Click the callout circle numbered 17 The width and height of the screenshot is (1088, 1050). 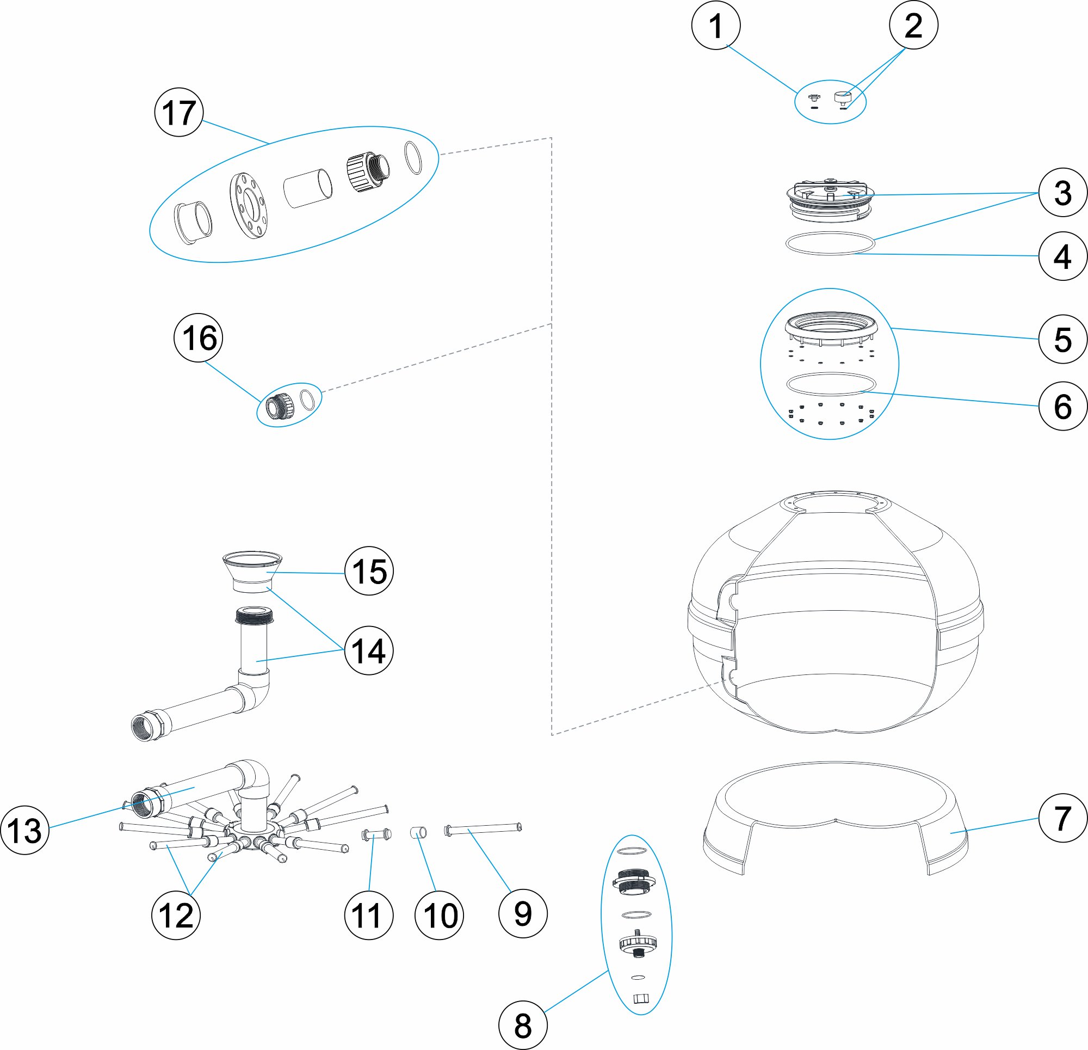pos(179,112)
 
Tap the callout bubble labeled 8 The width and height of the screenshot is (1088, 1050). pos(523,1025)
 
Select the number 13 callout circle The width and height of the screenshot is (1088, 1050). pos(25,830)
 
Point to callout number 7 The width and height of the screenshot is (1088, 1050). pos(1062,818)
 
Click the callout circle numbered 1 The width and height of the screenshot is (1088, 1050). pos(716,26)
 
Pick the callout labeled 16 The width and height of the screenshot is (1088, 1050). pos(198,338)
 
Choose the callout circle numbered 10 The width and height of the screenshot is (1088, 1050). pos(439,915)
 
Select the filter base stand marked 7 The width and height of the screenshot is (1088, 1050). pos(835,816)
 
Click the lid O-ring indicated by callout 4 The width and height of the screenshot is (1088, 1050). pos(831,243)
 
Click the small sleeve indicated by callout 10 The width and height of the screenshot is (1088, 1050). pos(418,832)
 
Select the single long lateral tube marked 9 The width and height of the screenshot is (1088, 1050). pos(483,828)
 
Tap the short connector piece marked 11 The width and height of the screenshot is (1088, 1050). pos(376,834)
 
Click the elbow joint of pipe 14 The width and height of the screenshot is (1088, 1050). pos(255,691)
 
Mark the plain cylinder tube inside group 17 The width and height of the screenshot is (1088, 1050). pos(308,188)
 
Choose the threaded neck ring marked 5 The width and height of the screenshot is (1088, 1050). pos(831,328)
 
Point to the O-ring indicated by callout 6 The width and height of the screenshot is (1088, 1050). pos(831,384)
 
